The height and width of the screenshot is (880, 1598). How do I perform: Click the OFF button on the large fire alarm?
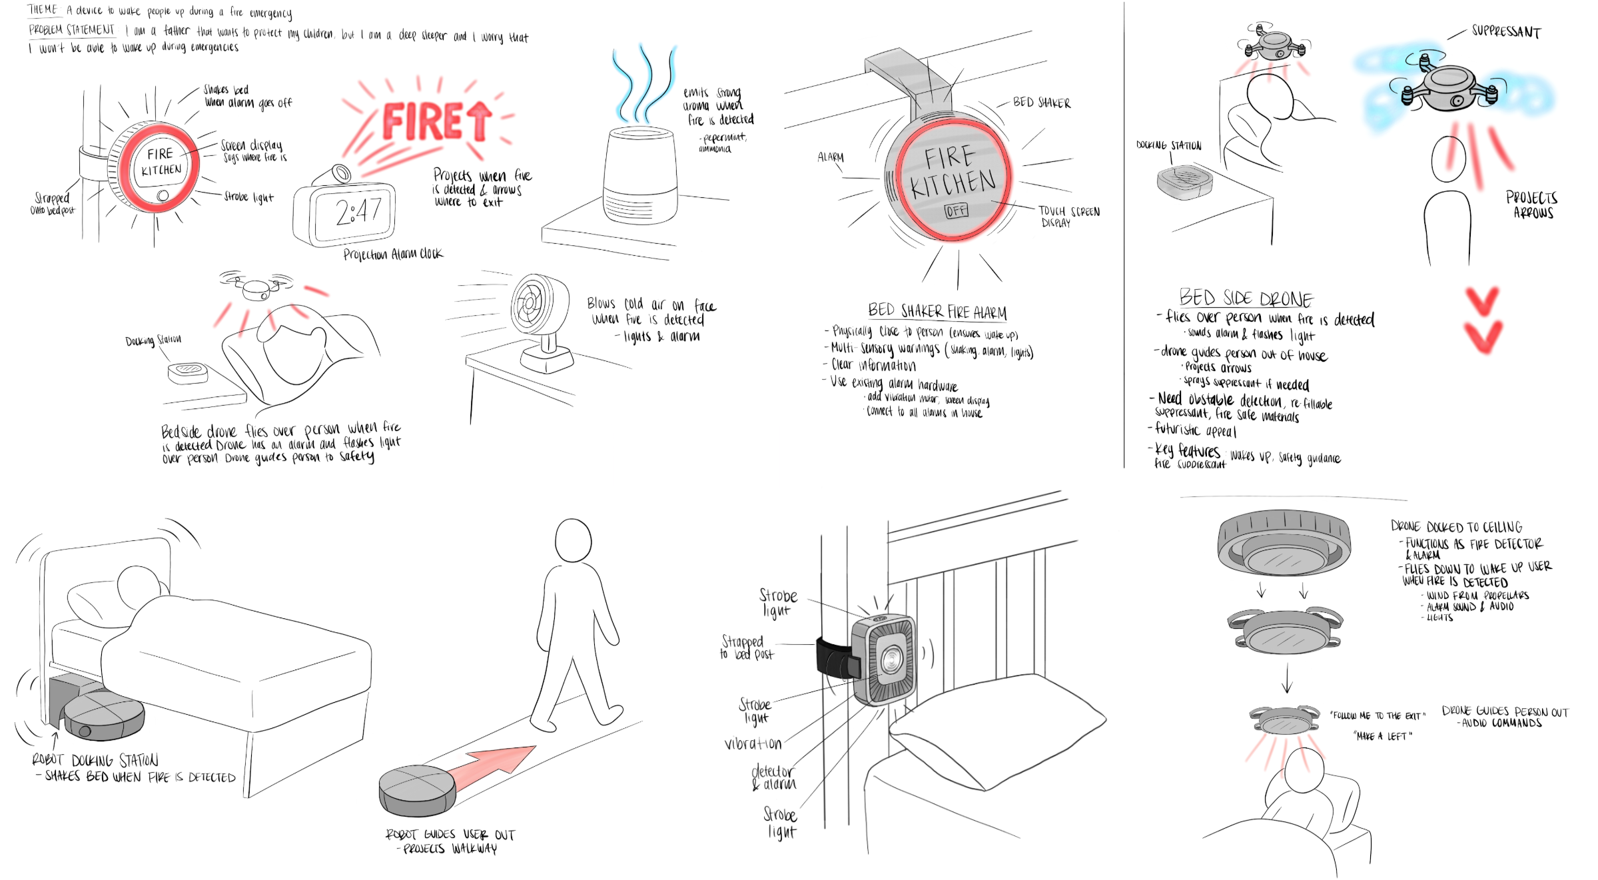(x=956, y=211)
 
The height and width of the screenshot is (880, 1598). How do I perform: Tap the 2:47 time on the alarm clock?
(x=358, y=213)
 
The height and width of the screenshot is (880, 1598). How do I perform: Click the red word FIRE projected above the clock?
(x=424, y=122)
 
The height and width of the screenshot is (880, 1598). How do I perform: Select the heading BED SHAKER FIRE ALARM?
(x=937, y=311)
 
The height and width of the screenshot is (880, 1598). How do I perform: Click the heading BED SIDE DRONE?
(x=1246, y=298)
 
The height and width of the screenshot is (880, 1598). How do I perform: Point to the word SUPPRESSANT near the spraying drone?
(x=1506, y=31)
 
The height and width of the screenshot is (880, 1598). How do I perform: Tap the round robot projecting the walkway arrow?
(x=417, y=790)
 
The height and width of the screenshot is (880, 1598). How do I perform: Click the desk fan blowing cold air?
(x=538, y=306)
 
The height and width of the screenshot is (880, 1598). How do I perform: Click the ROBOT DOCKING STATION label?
(x=95, y=760)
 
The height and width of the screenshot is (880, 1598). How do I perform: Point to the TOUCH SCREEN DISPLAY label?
(x=1068, y=217)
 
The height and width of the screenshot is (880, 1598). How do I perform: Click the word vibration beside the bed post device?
(x=753, y=743)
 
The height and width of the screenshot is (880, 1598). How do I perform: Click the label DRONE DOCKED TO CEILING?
(x=1456, y=526)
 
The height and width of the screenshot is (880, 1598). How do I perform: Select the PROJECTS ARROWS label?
(x=1532, y=205)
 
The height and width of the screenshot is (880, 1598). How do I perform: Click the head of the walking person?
(x=573, y=540)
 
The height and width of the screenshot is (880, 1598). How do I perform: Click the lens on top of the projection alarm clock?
(x=342, y=173)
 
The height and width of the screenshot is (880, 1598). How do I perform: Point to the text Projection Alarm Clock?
(x=393, y=254)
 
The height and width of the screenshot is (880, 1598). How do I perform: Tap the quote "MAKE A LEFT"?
(x=1382, y=736)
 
